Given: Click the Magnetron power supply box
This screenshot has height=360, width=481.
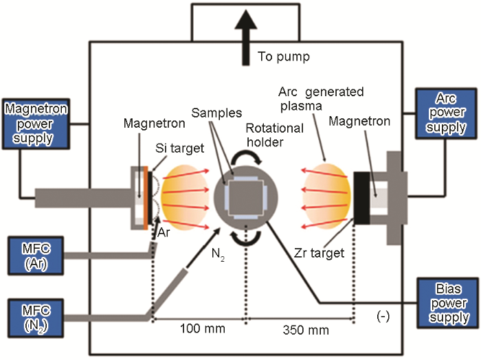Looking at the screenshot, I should (x=29, y=124).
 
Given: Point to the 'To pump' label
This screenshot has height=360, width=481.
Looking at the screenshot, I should (x=284, y=56).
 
